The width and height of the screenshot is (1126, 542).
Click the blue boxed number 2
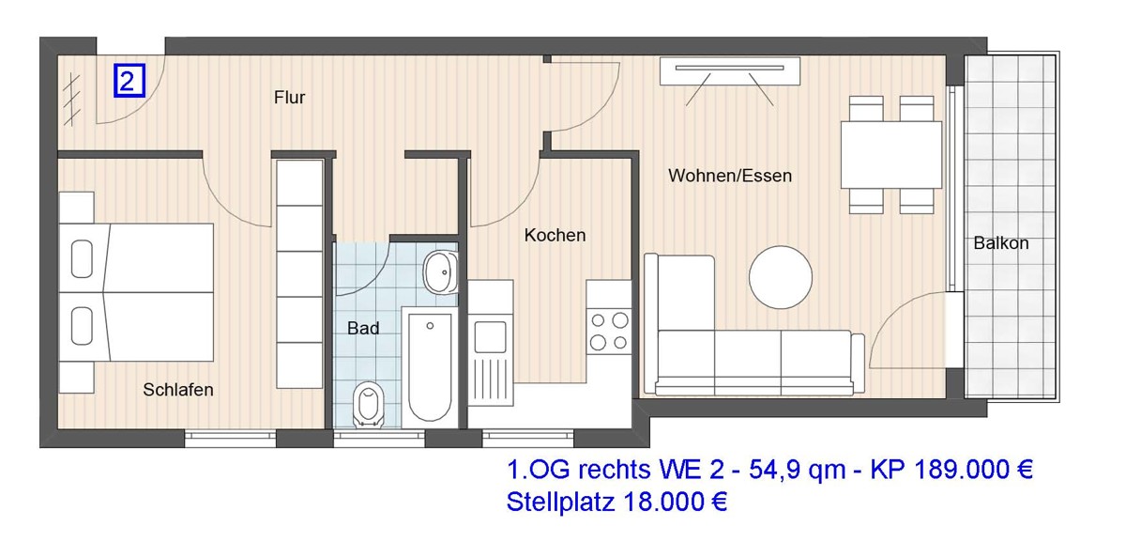click(129, 81)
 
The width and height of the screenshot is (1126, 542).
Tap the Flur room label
click(290, 98)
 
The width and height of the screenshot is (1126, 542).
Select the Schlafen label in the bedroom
click(178, 390)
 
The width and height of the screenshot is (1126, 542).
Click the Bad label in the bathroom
click(363, 329)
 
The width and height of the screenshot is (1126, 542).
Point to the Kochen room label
click(555, 235)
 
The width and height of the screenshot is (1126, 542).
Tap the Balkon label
click(1000, 243)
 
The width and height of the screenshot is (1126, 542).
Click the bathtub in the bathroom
click(431, 366)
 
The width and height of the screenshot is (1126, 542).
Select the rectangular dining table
click(890, 155)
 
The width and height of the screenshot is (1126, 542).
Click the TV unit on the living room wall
click(731, 71)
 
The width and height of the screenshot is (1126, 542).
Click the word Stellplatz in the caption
click(560, 503)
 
